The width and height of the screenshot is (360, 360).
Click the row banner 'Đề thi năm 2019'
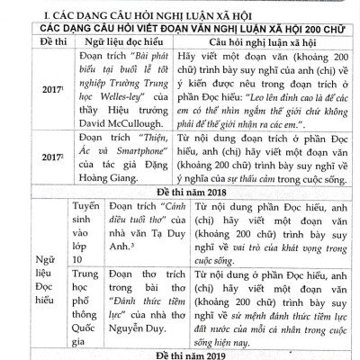(x=179, y=352)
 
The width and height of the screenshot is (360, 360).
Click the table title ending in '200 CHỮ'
(x=179, y=28)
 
